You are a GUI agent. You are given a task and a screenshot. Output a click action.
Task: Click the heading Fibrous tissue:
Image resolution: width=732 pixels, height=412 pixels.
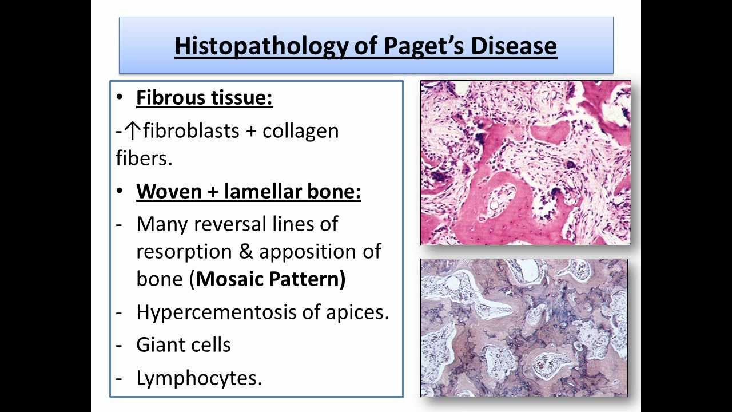tap(204, 98)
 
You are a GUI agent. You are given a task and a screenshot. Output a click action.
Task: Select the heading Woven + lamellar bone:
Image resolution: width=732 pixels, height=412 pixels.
tap(249, 192)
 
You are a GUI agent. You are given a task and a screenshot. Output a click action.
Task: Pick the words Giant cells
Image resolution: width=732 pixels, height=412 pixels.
tap(184, 344)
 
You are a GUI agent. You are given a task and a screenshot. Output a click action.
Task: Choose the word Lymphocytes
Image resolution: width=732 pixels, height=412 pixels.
tap(198, 378)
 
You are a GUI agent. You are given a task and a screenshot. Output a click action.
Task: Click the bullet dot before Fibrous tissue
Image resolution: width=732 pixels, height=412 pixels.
tap(119, 98)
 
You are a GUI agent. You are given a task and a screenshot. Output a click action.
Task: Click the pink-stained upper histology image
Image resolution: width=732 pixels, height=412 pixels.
tap(526, 163)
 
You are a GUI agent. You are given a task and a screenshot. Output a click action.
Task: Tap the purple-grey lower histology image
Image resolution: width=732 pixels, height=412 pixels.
tap(524, 327)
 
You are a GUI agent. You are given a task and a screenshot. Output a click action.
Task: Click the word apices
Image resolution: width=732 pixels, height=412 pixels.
tap(357, 312)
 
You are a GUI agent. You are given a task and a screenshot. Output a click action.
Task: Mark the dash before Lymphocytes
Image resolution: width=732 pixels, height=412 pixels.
tap(119, 378)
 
